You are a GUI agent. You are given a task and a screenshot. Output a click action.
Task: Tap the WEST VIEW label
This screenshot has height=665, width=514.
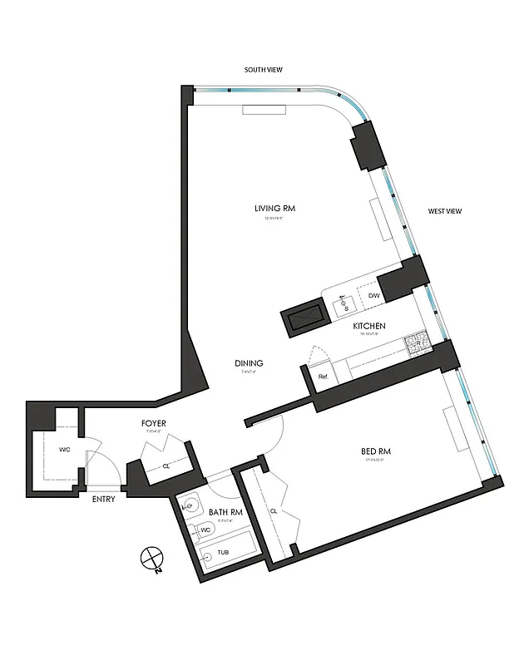[444, 211]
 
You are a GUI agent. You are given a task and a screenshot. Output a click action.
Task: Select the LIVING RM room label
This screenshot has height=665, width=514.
[275, 208]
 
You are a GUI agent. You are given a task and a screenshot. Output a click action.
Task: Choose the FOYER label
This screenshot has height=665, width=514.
[154, 423]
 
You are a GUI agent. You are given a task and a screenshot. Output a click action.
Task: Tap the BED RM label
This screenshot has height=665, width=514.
[376, 451]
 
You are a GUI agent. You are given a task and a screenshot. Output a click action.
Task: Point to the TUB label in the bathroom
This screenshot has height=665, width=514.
[223, 552]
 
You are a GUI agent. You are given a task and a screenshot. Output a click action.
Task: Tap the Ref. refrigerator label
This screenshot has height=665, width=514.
[324, 377]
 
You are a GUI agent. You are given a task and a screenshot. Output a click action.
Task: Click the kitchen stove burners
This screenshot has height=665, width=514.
[414, 342]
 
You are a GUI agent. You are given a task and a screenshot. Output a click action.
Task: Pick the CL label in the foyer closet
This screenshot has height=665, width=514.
[166, 466]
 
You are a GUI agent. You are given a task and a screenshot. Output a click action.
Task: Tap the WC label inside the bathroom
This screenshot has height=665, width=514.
[204, 529]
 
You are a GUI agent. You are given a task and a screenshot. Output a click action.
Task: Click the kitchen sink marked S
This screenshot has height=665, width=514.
[347, 306]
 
